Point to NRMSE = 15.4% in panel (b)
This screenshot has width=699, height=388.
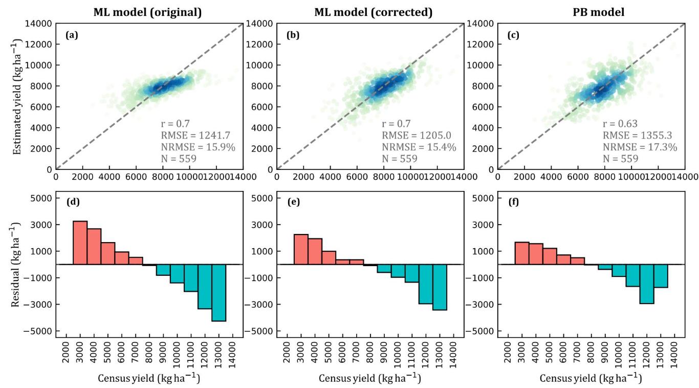click(419, 147)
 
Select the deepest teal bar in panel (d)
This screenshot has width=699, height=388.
click(219, 292)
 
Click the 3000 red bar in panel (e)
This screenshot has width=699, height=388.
click(301, 249)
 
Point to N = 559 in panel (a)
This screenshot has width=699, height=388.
click(179, 159)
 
